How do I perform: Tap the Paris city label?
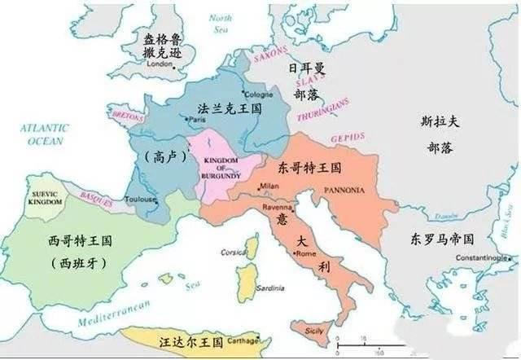click(x=196, y=120)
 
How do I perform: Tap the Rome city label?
click(x=305, y=254)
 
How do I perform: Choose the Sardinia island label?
click(x=269, y=288)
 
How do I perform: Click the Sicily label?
click(x=313, y=331)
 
